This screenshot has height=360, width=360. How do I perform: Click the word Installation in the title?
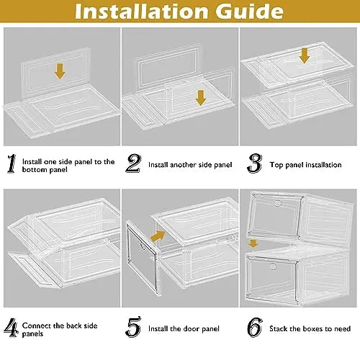tap(141, 11)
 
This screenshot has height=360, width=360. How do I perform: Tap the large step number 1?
tap(12, 163)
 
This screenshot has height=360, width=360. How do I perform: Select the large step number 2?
tap(133, 163)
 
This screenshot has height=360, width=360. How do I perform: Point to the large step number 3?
tap(255, 163)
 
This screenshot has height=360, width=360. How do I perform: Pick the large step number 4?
tap(12, 328)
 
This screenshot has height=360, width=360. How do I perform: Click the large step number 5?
tap(133, 327)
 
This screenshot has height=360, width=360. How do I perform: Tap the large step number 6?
tap(255, 328)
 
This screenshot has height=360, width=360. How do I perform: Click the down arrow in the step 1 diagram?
tap(60, 71)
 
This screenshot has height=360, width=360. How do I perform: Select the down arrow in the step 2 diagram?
tap(200, 98)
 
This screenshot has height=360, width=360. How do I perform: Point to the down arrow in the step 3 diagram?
tap(305, 55)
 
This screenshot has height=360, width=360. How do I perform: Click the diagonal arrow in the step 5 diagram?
tap(158, 235)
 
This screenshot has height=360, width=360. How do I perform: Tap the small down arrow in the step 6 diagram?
tap(253, 243)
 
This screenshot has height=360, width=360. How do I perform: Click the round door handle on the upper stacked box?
tap(278, 203)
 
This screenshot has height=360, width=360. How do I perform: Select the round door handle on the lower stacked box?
tap(273, 266)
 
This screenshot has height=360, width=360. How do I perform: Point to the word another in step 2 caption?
tap(179, 165)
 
